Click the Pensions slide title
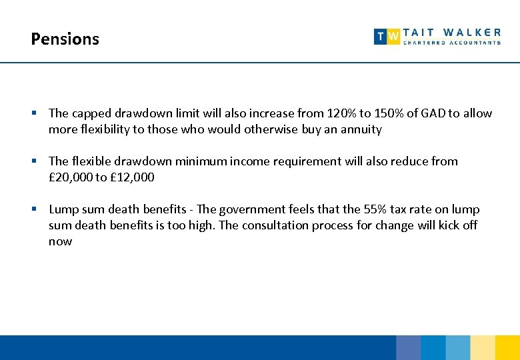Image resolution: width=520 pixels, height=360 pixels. click(x=65, y=39)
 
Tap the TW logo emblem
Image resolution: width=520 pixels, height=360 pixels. click(x=387, y=37)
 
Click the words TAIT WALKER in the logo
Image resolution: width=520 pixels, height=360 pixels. click(x=452, y=31)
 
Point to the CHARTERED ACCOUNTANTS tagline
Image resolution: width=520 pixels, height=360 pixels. click(x=452, y=43)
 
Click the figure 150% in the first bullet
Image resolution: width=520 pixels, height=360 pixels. click(x=386, y=113)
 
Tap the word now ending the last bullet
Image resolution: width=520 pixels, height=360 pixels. click(x=60, y=241)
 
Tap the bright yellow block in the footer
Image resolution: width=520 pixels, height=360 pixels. click(x=507, y=347)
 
